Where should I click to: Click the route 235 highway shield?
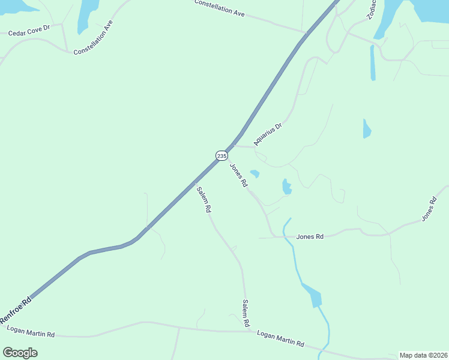click(x=222, y=155)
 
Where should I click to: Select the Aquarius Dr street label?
click(x=268, y=134)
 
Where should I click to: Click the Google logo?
click(x=20, y=353)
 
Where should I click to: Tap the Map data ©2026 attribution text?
click(x=423, y=355)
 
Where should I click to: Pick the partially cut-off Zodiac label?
click(x=372, y=9)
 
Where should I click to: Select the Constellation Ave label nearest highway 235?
click(x=220, y=8)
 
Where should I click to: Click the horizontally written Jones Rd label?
click(x=310, y=236)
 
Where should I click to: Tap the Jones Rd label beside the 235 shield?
click(x=239, y=175)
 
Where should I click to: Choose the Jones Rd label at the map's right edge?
click(x=428, y=208)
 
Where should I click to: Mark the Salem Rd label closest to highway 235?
click(x=204, y=200)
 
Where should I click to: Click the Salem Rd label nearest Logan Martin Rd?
click(x=246, y=313)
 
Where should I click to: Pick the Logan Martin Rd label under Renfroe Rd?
click(x=31, y=331)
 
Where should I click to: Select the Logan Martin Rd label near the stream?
click(x=280, y=340)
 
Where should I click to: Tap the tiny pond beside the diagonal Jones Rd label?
click(x=255, y=173)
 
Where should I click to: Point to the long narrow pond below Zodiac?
click(x=373, y=62)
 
